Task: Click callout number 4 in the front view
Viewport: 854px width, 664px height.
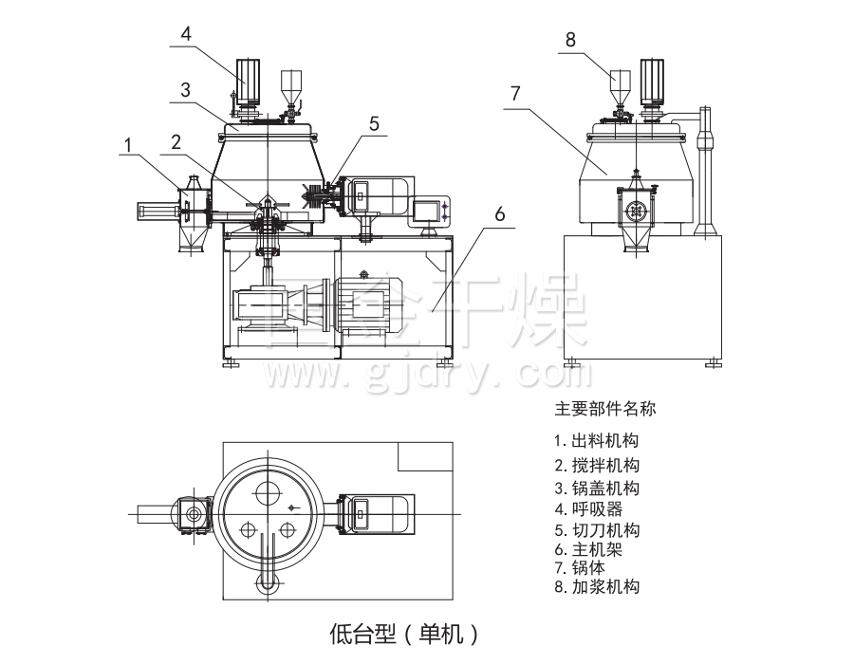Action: tap(187, 33)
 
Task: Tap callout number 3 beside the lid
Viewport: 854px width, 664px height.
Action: tap(187, 90)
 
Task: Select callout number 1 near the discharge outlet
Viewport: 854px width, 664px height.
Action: tap(126, 143)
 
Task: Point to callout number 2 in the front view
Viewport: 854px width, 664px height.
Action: tap(176, 142)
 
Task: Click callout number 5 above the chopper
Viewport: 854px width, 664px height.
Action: tap(374, 123)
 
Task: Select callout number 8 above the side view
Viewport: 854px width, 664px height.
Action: tap(570, 40)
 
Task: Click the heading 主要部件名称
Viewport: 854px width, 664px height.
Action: tap(604, 411)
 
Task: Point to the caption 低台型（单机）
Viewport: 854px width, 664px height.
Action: tap(402, 632)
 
